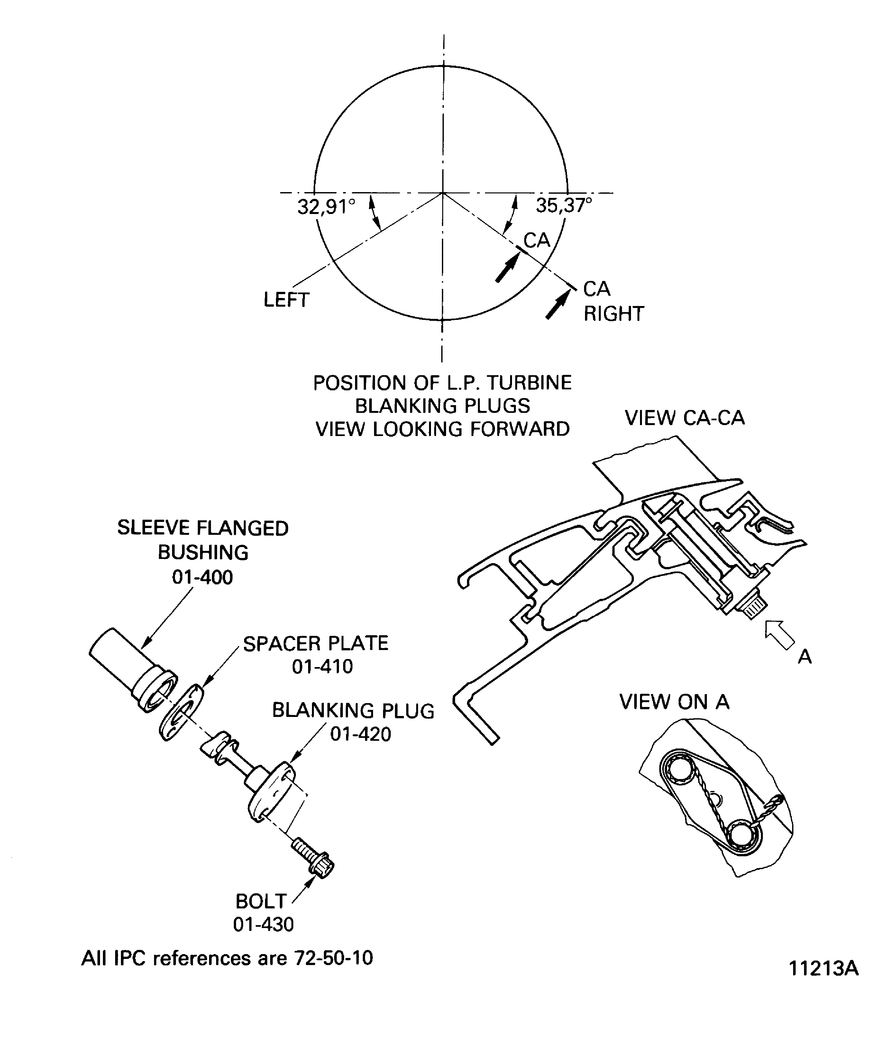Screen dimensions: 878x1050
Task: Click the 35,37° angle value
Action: (x=564, y=205)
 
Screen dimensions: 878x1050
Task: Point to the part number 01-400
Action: (x=202, y=578)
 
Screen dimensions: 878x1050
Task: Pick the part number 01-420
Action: (x=361, y=735)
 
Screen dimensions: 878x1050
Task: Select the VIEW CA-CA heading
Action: (x=685, y=418)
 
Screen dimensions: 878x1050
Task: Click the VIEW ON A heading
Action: (x=675, y=702)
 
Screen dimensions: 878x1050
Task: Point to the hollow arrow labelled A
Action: (x=780, y=635)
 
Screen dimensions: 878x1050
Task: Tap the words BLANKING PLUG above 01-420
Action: (x=353, y=711)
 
